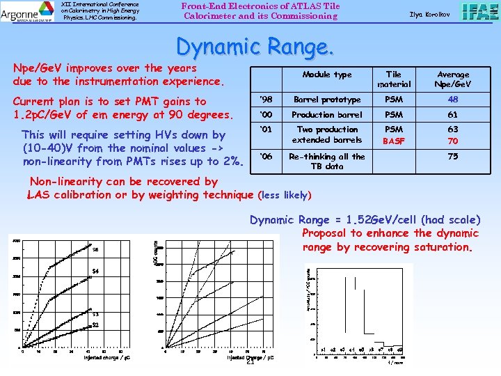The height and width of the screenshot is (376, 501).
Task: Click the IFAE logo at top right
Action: [x=479, y=12]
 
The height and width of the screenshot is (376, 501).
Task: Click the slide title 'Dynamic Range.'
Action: [x=255, y=47]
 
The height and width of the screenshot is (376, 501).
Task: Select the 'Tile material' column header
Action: [x=394, y=79]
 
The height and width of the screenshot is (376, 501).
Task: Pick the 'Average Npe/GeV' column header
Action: [x=453, y=79]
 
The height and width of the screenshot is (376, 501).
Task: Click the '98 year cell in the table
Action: [x=265, y=100]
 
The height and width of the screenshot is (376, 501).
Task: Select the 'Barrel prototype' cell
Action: [x=326, y=100]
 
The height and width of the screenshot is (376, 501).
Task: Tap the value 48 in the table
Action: [x=453, y=100]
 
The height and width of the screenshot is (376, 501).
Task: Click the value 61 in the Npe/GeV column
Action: [x=453, y=115]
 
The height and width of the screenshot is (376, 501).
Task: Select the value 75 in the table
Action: [x=453, y=157]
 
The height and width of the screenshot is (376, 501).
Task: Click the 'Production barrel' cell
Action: [x=326, y=115]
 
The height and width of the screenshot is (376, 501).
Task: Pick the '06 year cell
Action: [x=265, y=157]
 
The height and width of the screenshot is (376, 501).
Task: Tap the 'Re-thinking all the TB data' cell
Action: [x=326, y=162]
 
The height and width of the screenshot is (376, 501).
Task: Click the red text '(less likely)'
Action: [x=285, y=195]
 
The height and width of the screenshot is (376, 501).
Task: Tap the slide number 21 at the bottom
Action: [x=250, y=361]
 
